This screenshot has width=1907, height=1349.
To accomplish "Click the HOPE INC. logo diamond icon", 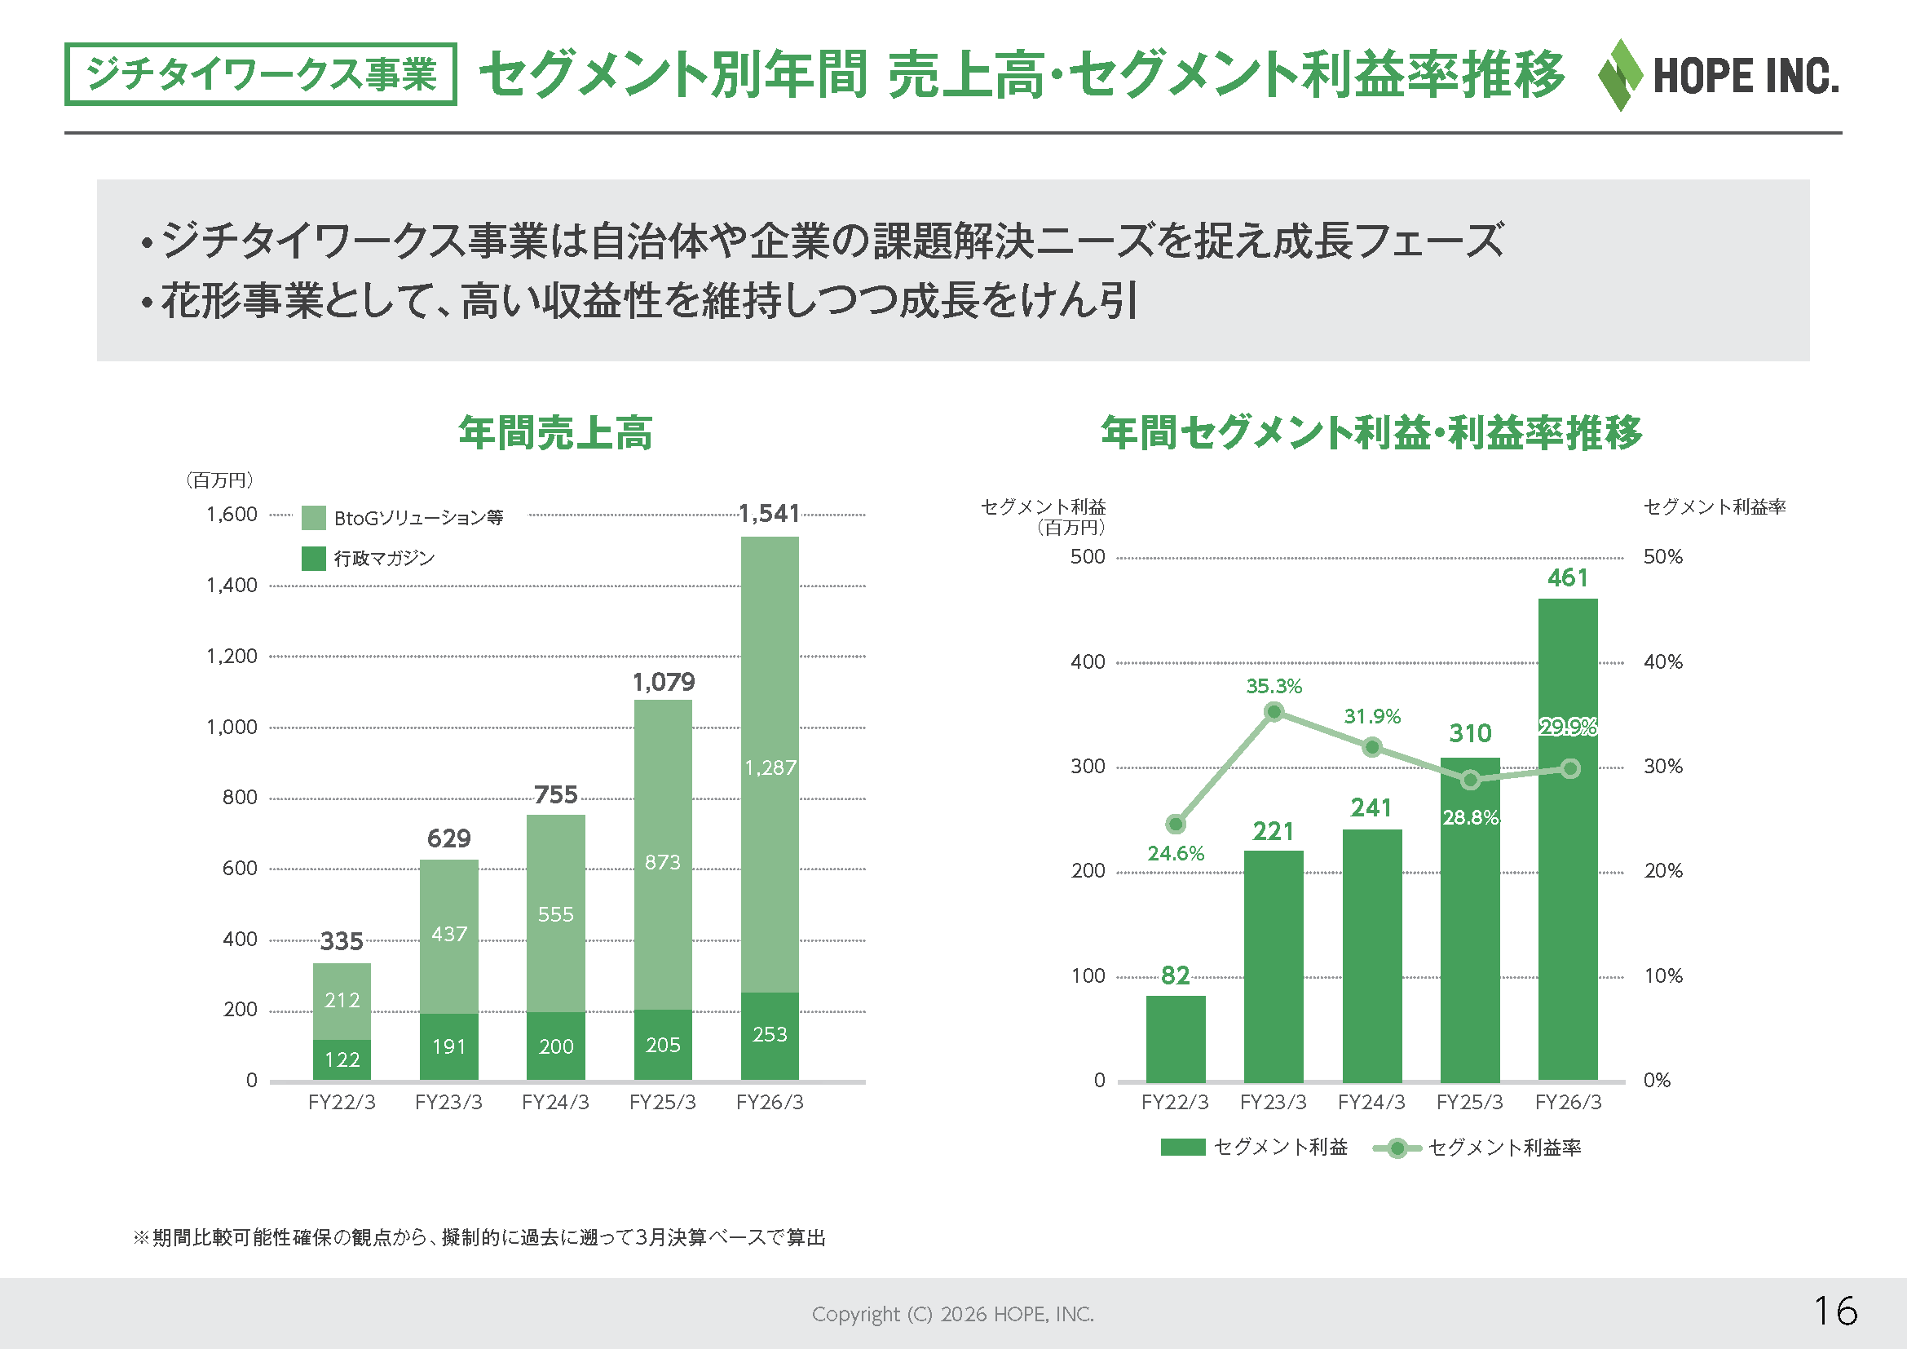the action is (x=1621, y=75).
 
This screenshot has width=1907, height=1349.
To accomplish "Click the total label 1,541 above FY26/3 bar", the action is (x=769, y=513).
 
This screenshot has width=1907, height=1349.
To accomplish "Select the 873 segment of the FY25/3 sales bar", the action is (x=663, y=855).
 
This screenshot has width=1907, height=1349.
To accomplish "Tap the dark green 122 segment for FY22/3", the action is (x=342, y=1060).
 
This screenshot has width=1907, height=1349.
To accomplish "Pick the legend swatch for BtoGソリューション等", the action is (x=313, y=518).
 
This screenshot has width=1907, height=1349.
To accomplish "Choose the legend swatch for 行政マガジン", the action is (x=313, y=558).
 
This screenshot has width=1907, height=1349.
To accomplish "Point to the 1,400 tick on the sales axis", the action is (x=232, y=586).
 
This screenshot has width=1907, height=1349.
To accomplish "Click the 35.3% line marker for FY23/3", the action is (x=1274, y=712).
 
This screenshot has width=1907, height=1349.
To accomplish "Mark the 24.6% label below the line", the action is (x=1176, y=853).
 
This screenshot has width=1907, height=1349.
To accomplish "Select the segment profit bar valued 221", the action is (x=1274, y=966).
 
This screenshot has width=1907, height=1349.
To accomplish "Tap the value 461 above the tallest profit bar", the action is (x=1567, y=577).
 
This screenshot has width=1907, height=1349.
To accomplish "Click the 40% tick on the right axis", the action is (x=1662, y=662).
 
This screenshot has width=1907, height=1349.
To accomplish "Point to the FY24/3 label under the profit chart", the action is (x=1371, y=1103).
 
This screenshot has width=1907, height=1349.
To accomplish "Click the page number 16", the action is (x=1834, y=1311).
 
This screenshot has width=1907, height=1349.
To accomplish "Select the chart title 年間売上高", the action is (x=556, y=433).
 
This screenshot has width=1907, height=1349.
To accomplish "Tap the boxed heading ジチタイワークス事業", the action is (x=261, y=74).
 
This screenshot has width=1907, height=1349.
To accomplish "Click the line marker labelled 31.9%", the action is (x=1372, y=748).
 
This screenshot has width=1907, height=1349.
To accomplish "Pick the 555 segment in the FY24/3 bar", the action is (x=556, y=913).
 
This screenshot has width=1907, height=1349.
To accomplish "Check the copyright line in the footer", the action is (x=952, y=1314).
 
